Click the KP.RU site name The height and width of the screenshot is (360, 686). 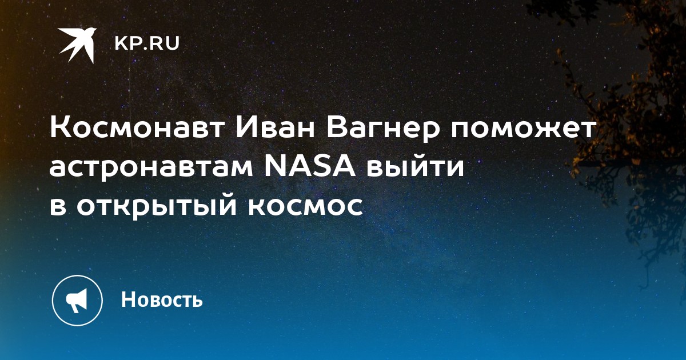pyautogui.click(x=147, y=43)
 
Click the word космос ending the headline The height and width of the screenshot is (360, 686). pyautogui.click(x=305, y=207)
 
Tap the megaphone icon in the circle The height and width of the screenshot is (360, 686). pyautogui.click(x=77, y=301)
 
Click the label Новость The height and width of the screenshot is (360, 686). pyautogui.click(x=162, y=299)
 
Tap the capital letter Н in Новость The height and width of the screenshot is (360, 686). pyautogui.click(x=128, y=299)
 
